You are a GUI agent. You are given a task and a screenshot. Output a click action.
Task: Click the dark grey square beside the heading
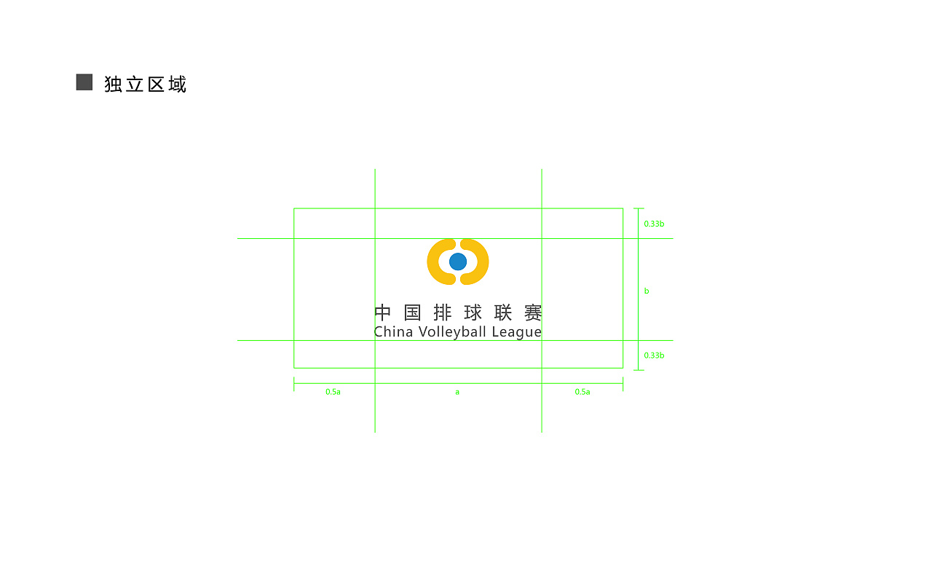84,82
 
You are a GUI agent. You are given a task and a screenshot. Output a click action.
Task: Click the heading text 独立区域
146,84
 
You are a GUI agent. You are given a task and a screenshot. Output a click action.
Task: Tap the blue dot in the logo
458,262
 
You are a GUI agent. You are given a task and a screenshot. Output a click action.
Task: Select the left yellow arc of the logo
436,262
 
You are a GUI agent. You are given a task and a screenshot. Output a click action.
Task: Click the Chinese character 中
383,313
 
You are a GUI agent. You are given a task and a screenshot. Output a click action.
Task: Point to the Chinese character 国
413,313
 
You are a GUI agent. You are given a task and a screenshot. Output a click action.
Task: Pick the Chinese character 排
443,313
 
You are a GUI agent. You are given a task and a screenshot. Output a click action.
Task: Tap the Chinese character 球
473,313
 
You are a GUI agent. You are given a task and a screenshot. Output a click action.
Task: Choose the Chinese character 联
503,313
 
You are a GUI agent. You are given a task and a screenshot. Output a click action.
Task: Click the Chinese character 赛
533,313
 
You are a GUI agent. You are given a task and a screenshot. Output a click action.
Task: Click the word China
393,332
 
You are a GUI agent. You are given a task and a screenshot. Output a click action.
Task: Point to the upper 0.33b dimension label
654,224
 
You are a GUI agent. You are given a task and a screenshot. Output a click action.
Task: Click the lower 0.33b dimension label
654,355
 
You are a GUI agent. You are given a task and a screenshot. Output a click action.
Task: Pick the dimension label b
647,291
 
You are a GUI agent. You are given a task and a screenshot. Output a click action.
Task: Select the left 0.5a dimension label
333,392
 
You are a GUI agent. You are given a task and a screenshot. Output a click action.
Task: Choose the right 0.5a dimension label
582,392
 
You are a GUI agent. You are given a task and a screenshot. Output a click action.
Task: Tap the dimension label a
457,392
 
